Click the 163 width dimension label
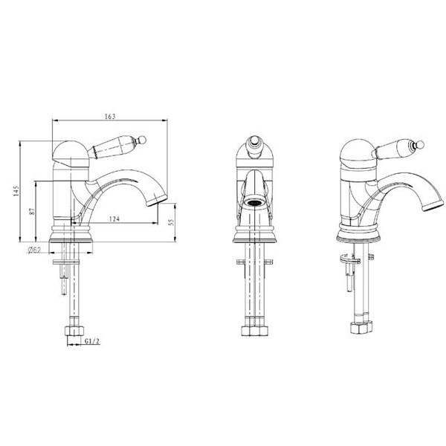[110, 117]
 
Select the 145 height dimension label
[16, 191]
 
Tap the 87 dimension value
[32, 211]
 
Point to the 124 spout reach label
[114, 219]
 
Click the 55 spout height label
[171, 222]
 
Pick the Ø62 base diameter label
[34, 250]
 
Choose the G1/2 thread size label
[92, 341]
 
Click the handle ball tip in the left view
[142, 140]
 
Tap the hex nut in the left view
[74, 331]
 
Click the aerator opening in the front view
[254, 203]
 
